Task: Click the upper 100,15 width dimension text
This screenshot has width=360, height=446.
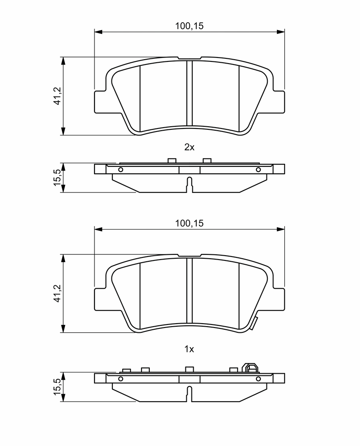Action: coord(189,26)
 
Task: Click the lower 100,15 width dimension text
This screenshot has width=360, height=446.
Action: coord(189,223)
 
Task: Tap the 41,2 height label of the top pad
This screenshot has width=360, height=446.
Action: coord(57,96)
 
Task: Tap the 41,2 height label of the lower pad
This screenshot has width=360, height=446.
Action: coord(57,293)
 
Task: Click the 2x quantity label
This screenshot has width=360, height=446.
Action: coord(189,147)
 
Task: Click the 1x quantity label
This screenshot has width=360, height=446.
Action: coord(189,349)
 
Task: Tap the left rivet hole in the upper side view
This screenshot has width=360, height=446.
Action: coord(121,170)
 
